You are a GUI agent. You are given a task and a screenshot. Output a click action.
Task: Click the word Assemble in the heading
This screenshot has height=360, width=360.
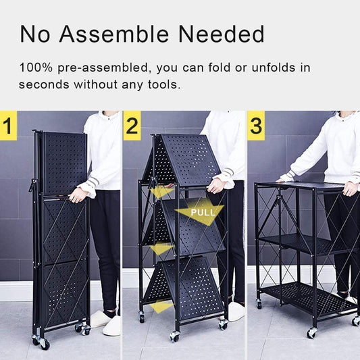tap(114, 34)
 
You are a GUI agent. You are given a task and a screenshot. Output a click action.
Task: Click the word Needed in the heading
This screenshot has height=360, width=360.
tap(222, 34)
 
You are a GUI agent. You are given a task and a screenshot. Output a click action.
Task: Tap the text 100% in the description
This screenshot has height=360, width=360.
tap(36, 68)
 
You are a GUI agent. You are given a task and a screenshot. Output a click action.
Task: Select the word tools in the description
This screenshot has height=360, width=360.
tap(162, 84)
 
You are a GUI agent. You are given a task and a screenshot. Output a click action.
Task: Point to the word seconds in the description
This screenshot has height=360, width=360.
tap(44, 84)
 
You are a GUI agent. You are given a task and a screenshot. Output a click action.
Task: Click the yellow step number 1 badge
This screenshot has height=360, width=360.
tap(9, 126)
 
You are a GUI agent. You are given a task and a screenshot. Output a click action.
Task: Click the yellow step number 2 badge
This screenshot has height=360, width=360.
tap(132, 126)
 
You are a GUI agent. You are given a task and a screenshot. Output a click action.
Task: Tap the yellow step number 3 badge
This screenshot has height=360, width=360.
tap(256, 126)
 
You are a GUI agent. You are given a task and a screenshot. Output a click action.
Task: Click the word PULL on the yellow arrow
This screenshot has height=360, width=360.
tap(203, 212)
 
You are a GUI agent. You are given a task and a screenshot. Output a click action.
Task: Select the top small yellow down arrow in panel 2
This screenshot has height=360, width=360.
tap(161, 191)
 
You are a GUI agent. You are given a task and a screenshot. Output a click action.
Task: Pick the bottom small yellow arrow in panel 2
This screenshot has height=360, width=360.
tap(161, 306)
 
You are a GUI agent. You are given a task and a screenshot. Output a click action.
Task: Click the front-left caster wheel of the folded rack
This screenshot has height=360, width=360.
tap(44, 344)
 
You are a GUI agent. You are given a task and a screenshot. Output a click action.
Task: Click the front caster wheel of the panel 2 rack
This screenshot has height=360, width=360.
tap(174, 336)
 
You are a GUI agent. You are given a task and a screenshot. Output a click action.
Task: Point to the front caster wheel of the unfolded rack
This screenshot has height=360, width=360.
tap(311, 333)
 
